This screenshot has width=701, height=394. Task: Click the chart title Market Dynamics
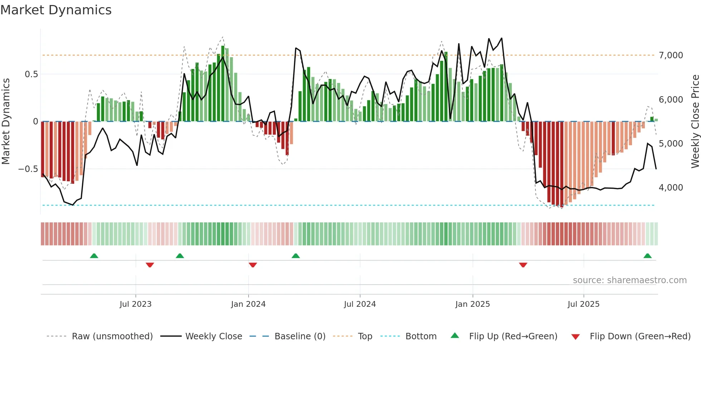point(56,10)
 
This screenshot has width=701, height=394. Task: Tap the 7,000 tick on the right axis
point(671,55)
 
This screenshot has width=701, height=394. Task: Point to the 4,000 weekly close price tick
point(671,188)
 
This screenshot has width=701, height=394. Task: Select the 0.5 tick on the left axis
point(31,74)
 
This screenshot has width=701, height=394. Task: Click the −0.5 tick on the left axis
point(28,169)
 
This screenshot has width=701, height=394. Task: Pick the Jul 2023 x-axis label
point(136,304)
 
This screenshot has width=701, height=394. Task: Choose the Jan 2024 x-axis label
point(248,304)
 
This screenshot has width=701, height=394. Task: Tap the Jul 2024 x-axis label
point(360,304)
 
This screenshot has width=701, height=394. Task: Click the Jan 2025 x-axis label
point(472,304)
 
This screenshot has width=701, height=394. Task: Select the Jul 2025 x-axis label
point(583,304)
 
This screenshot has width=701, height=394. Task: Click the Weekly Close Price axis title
point(695,122)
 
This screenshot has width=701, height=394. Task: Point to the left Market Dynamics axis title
point(6,122)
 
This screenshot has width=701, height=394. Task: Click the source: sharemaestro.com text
point(629,280)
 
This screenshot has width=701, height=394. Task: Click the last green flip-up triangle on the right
point(647,256)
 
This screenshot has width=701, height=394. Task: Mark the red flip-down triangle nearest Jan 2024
point(253,265)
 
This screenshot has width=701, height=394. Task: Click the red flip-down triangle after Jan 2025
point(523,265)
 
